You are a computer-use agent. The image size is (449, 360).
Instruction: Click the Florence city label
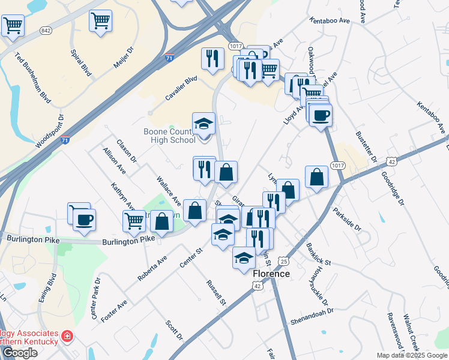[271, 274]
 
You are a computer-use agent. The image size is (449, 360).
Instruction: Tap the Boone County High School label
[169, 136]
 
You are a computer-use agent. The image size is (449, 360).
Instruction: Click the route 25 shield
[283, 262]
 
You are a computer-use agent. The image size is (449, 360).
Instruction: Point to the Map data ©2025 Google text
[412, 355]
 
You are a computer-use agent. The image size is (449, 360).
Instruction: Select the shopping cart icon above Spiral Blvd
[100, 21]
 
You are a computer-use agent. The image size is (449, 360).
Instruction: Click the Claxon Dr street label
[127, 151]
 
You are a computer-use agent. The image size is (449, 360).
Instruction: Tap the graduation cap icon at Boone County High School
[203, 124]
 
